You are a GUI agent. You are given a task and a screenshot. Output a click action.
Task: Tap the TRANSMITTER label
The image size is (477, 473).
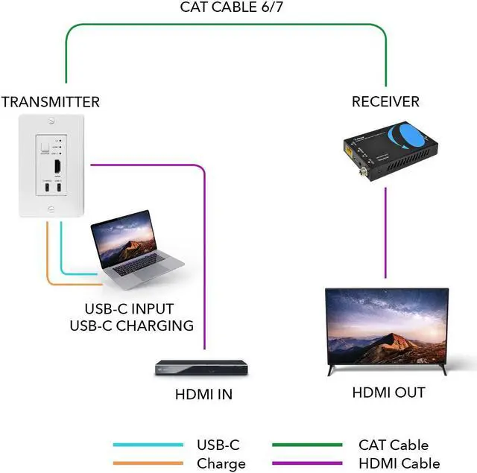tap(50, 102)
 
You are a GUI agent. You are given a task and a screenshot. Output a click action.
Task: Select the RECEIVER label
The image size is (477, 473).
tap(385, 101)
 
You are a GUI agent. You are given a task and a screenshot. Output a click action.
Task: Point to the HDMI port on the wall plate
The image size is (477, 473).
tap(57, 166)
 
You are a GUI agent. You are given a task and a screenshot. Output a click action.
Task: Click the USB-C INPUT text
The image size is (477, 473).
tap(129, 308)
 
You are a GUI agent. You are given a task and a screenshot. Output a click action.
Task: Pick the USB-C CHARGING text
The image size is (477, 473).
tap(131, 326)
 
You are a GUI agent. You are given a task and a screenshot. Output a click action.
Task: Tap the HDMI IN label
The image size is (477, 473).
tap(203, 395)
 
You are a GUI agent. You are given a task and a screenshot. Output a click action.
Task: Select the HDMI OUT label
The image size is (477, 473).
tap(388, 393)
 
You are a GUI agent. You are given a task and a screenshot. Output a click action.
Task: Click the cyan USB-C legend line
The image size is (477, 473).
tap(148, 445)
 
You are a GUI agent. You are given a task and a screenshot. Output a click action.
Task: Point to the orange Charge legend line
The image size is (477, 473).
tap(148, 463)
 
